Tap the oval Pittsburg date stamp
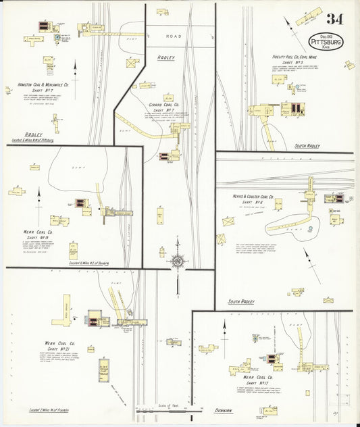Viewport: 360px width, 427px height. click(326, 39)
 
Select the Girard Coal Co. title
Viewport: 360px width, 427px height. click(163, 105)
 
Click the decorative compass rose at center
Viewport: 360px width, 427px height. click(178, 260)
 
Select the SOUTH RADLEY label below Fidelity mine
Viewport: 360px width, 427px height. click(307, 146)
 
